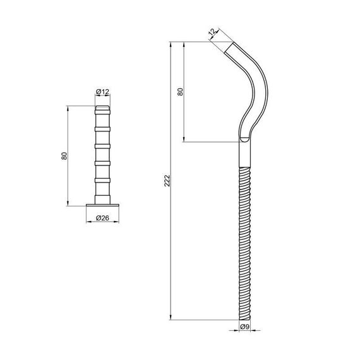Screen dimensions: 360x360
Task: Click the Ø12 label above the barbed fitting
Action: click(102, 92)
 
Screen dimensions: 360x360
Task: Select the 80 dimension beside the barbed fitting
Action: click(64, 155)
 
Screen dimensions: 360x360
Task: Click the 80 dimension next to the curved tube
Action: click(181, 91)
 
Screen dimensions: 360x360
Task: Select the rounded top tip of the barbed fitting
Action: click(102, 108)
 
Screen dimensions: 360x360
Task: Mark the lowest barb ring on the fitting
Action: click(102, 179)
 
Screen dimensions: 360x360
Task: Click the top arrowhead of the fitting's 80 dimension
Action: click(68, 109)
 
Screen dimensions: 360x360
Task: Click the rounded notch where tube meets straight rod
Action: click(244, 139)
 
